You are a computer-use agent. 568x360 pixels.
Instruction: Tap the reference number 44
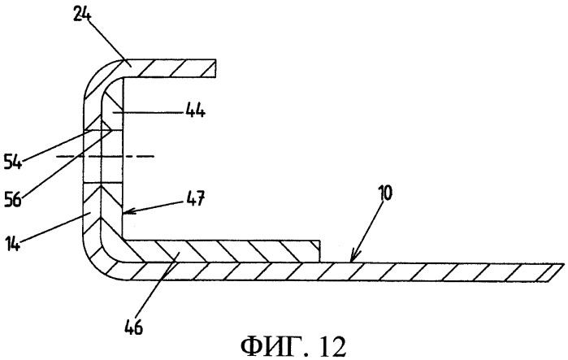coord(196,111)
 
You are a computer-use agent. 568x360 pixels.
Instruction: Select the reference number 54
coord(13,161)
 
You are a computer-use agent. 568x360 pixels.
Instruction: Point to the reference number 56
coord(13,199)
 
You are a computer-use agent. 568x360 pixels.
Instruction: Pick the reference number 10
coord(384,193)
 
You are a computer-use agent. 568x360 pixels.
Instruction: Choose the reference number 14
coord(13,243)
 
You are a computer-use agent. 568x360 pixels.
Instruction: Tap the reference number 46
coord(133,327)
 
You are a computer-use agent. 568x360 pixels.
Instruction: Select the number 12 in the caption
coord(332,347)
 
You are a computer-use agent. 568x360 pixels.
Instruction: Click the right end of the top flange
coord(215,68)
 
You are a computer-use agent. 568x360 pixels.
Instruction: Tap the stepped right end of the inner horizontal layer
coord(319,250)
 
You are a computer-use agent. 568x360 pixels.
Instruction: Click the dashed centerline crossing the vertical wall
coord(106,157)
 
